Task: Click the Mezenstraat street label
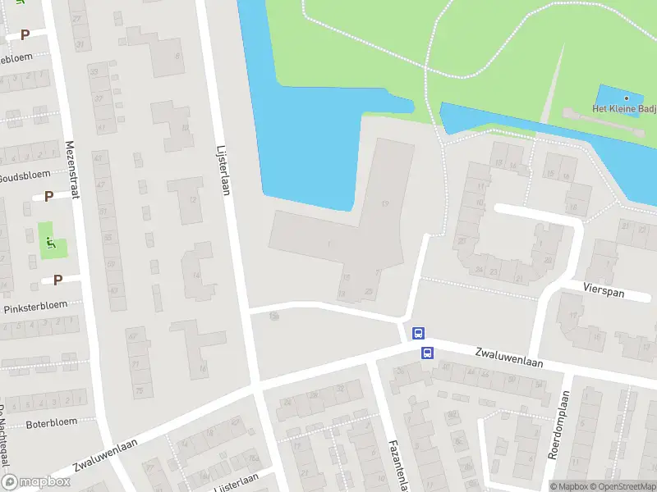[71, 164]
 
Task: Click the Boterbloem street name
[51, 422]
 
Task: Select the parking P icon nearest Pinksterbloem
[57, 280]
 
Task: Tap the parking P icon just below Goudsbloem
[48, 196]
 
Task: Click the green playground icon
[51, 242]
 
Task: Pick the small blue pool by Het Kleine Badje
[620, 100]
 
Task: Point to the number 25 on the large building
[369, 292]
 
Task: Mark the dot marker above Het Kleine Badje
[626, 98]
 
